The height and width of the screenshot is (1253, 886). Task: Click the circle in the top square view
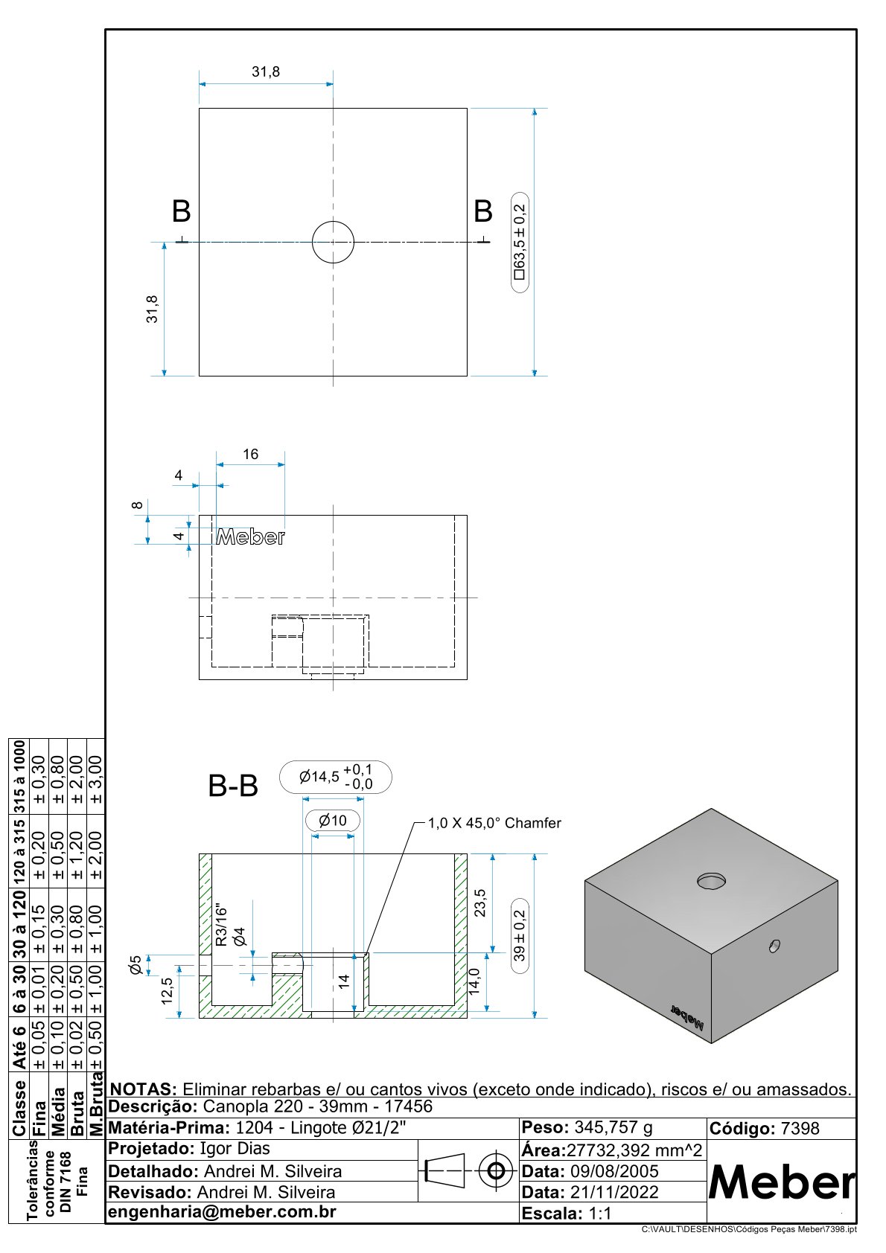pyautogui.click(x=333, y=242)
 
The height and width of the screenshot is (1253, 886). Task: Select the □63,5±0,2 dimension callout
pyautogui.click(x=520, y=242)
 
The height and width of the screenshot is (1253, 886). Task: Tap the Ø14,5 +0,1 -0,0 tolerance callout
pyautogui.click(x=336, y=778)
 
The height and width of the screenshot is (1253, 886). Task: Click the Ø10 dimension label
pyautogui.click(x=333, y=821)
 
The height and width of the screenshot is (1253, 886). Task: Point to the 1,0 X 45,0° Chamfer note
pyautogui.click(x=494, y=823)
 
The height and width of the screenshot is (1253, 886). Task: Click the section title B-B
pyautogui.click(x=233, y=786)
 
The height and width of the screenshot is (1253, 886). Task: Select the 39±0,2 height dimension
pyautogui.click(x=520, y=935)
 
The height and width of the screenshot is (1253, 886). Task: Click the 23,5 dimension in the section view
pyautogui.click(x=480, y=903)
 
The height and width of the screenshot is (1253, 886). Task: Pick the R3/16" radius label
pyautogui.click(x=220, y=925)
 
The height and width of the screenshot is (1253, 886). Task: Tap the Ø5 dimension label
pyautogui.click(x=136, y=965)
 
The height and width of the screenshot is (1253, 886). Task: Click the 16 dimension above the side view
pyautogui.click(x=250, y=455)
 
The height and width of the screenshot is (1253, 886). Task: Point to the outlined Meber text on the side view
pyautogui.click(x=250, y=537)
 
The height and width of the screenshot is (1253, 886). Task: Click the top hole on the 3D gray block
pyautogui.click(x=712, y=881)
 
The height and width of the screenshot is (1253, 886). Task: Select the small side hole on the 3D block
pyautogui.click(x=774, y=946)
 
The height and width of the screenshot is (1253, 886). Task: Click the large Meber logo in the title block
pyautogui.click(x=782, y=1182)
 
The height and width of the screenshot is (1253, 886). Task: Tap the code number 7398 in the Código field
pyautogui.click(x=800, y=1129)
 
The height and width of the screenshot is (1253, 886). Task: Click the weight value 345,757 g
pyautogui.click(x=613, y=1127)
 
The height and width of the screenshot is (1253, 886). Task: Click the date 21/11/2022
pyautogui.click(x=614, y=1192)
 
